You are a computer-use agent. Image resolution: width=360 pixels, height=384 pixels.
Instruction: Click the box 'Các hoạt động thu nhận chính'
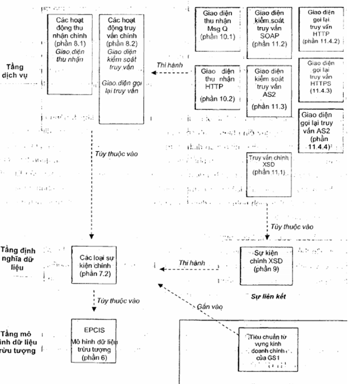(x=70, y=53)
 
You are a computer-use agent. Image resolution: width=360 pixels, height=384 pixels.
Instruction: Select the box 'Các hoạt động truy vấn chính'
(x=121, y=68)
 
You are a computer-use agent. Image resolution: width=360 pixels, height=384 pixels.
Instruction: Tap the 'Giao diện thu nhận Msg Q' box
(x=218, y=29)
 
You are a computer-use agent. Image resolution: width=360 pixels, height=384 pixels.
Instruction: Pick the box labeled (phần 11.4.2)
(x=321, y=29)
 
